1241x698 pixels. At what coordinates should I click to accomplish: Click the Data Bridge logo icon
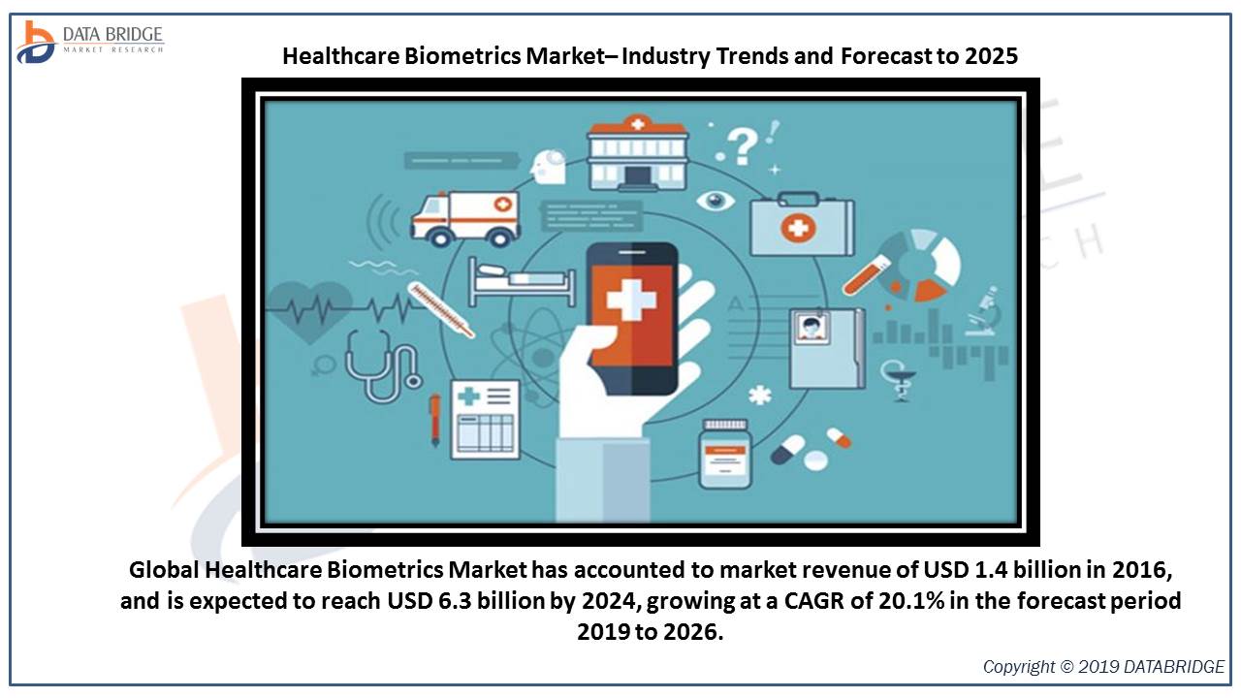(36, 43)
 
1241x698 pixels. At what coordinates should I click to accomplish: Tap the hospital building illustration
(638, 153)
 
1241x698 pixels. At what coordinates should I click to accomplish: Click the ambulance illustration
(465, 219)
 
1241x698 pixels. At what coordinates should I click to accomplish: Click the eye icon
(716, 200)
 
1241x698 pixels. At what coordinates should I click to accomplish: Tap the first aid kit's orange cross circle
(798, 228)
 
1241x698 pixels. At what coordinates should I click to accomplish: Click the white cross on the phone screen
(631, 300)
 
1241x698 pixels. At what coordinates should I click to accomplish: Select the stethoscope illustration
(382, 365)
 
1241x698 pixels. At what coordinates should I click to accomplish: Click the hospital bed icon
(522, 281)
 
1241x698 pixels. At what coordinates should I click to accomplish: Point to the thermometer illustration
(440, 309)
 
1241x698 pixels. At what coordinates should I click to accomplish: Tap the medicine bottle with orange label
(724, 455)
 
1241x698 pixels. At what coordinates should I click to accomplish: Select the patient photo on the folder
(811, 328)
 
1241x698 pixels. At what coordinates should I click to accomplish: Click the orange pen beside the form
(435, 420)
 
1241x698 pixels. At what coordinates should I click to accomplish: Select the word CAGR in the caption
(813, 600)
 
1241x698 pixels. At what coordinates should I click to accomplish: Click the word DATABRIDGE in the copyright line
(1178, 666)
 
